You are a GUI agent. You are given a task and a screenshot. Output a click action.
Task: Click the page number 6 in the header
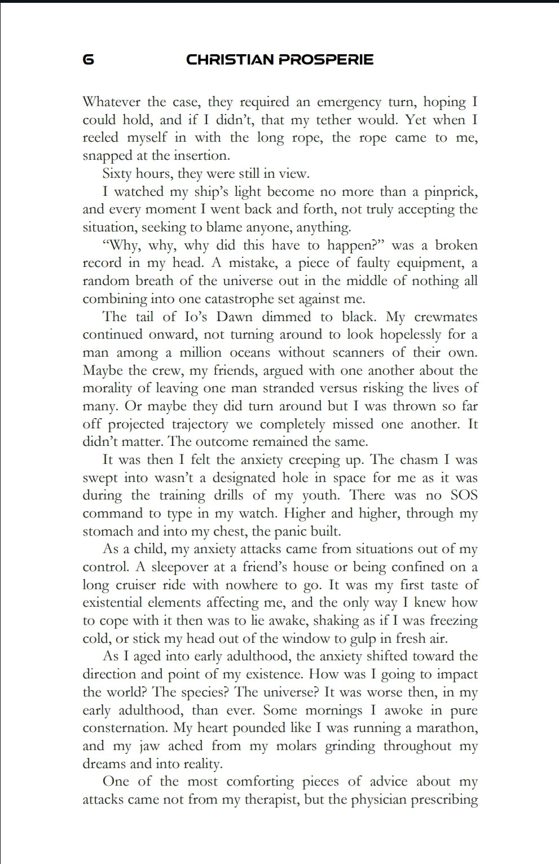[x=89, y=59]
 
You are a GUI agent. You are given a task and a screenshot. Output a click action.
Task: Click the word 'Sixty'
[x=116, y=174]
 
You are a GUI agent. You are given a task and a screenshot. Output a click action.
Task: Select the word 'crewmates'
[x=446, y=317]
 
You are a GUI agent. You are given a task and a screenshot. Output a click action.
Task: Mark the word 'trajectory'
[x=200, y=424]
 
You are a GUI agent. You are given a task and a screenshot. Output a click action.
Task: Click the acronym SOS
[x=464, y=495]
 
